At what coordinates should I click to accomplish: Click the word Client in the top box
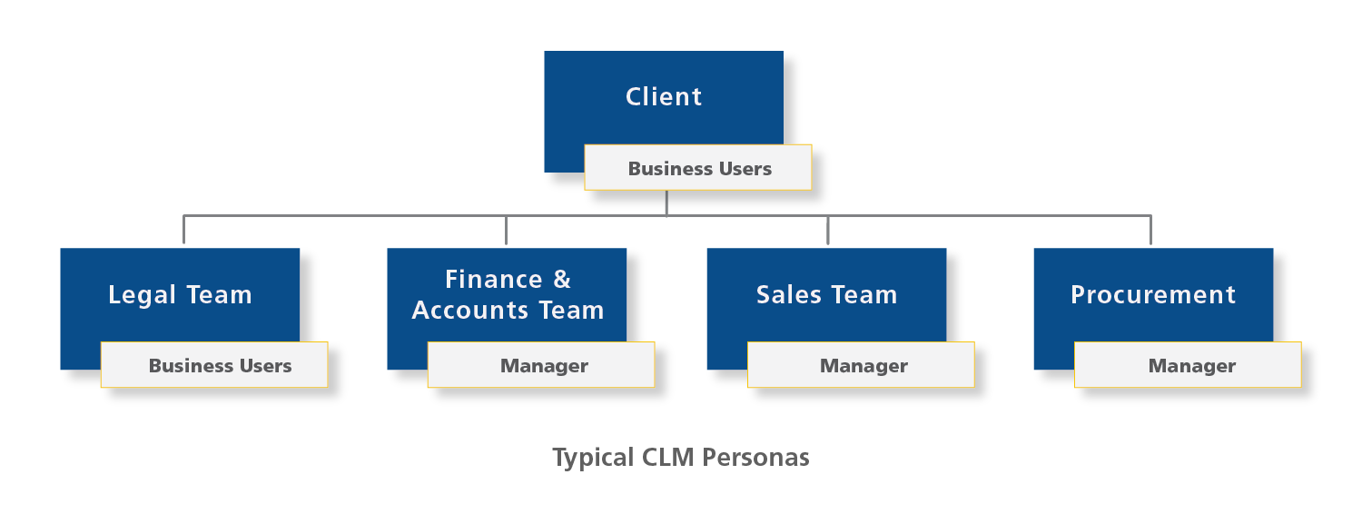664,97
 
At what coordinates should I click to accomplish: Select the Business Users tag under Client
699,169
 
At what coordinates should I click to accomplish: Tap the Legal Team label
180,295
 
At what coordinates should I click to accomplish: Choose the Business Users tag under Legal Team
220,366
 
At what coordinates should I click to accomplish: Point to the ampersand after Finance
561,280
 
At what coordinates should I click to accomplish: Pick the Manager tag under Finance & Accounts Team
544,366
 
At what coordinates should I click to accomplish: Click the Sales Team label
826,295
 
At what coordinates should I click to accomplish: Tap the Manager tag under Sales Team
864,366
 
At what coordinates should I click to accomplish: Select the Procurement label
1153,295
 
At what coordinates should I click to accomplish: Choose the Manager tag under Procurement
1191,366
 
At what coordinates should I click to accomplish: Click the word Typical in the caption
594,458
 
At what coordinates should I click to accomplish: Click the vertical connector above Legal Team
183,231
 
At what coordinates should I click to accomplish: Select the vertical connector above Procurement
1150,231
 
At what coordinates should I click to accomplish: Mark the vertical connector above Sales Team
828,231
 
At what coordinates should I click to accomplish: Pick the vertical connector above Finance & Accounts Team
506,231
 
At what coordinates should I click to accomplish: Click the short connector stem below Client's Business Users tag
667,203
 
